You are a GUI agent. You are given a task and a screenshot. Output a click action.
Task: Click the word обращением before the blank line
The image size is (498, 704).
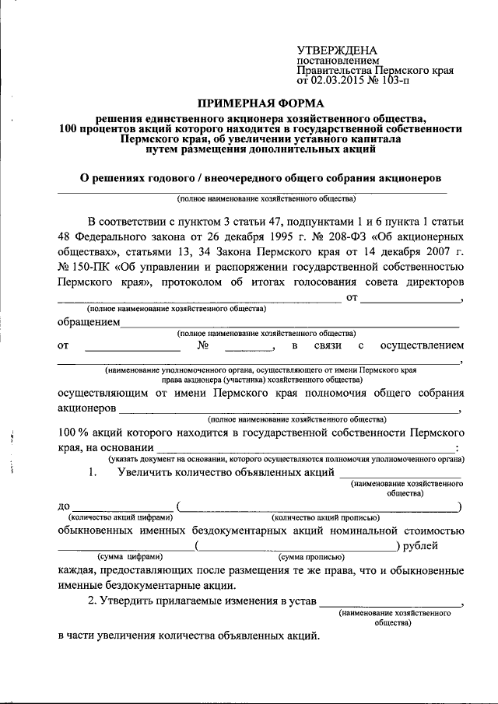pyautogui.click(x=88, y=321)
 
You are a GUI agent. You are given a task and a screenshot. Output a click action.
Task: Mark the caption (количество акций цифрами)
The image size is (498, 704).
pyautogui.click(x=121, y=517)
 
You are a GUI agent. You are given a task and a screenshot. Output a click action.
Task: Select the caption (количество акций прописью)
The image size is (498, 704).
pyautogui.click(x=325, y=517)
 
